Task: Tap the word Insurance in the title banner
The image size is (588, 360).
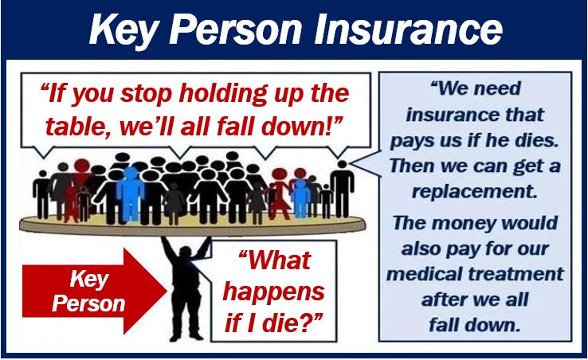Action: [x=408, y=28]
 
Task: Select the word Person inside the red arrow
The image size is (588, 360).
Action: [x=88, y=303]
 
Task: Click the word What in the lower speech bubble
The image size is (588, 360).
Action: [x=275, y=260]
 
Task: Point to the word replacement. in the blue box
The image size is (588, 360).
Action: [x=475, y=191]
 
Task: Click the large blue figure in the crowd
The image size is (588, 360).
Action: [x=130, y=193]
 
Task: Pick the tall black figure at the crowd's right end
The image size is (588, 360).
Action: [x=342, y=189]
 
